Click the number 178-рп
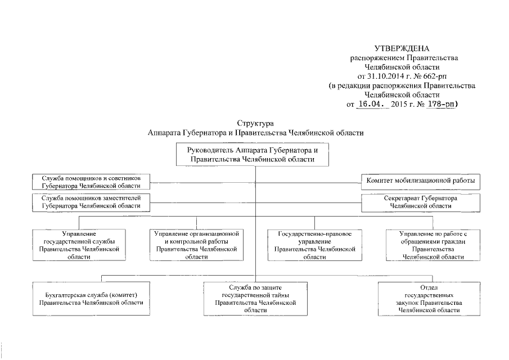pos(441,104)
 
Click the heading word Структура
pos(255,123)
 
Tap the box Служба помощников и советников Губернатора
pos(91,182)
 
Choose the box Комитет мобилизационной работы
pos(420,181)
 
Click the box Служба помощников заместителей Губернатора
pos(91,202)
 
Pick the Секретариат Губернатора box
pos(420,202)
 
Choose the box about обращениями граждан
pos(433,245)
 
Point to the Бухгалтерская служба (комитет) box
pos(91,299)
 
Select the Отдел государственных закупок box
pos(429,299)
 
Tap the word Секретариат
pos(401,199)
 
